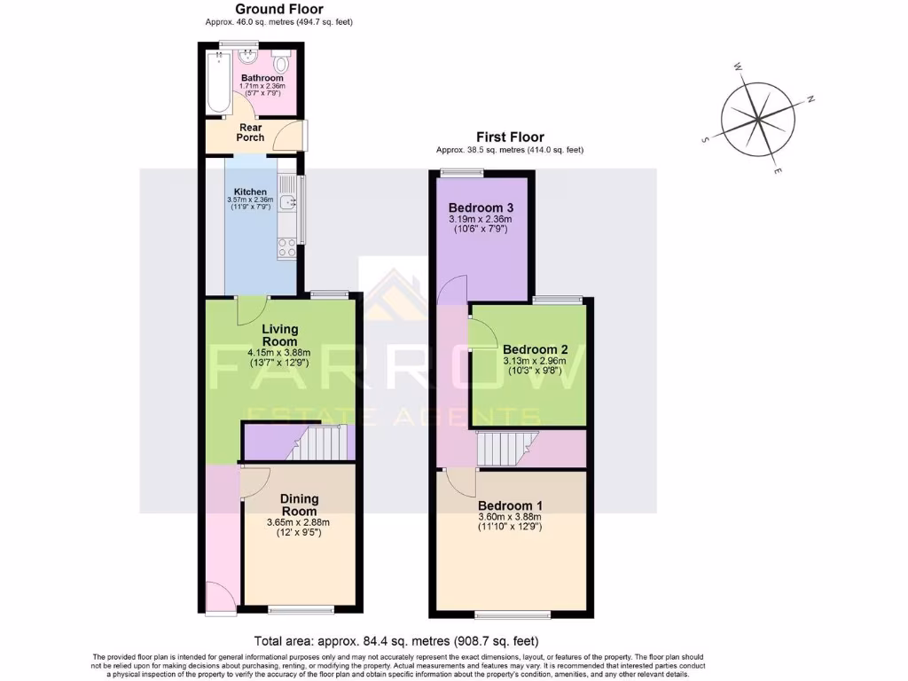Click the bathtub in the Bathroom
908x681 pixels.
218,81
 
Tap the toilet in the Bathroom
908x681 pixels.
281,63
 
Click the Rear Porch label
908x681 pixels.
250,132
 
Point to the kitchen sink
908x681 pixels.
286,203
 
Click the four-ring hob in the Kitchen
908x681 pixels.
286,248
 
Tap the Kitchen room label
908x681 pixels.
250,192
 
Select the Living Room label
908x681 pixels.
280,335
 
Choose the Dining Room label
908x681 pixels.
299,505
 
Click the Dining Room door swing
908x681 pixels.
254,481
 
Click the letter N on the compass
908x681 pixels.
810,99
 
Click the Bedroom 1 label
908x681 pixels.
510,505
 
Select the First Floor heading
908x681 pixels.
510,137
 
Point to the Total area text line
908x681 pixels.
396,640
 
